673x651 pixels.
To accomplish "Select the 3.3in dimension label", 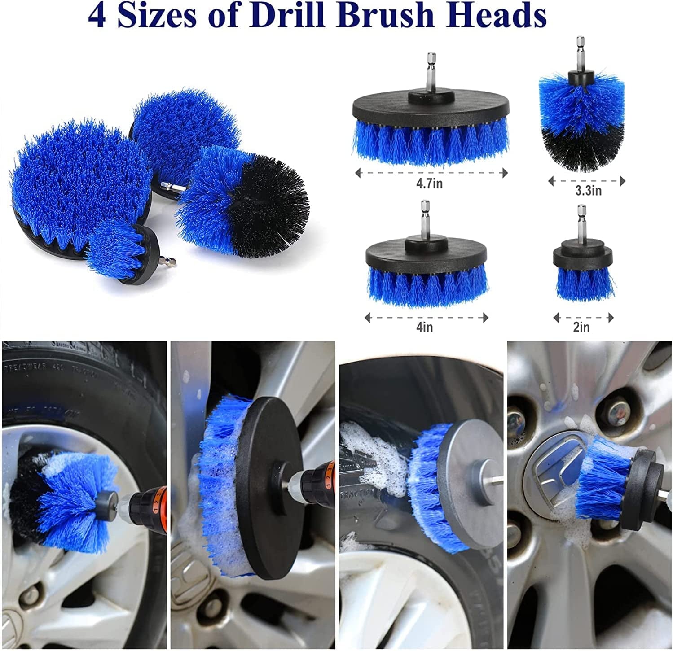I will pos(588,191).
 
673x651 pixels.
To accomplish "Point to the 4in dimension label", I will pos(424,327).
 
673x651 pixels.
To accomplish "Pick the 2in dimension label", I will pos(581,327).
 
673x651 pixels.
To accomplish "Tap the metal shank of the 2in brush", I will pos(581,224).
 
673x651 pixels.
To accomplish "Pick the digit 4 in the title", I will pos(97,16).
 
